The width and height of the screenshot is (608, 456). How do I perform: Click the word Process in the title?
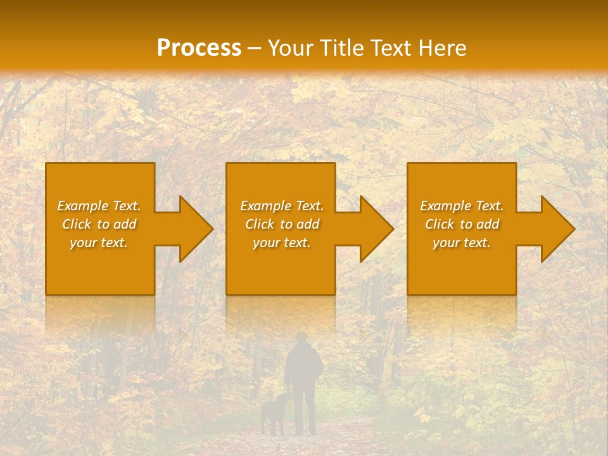[x=199, y=47]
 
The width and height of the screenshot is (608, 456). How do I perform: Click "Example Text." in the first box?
[x=99, y=206]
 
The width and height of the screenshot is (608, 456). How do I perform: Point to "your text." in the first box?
[x=99, y=243]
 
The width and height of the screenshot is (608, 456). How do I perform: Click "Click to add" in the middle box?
[x=282, y=224]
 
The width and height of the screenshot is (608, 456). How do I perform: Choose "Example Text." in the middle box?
[x=282, y=206]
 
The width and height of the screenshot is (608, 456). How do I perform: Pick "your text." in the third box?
[x=461, y=243]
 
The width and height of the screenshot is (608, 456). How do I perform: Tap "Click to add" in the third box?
[x=462, y=224]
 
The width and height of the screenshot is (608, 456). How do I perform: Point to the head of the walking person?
[x=303, y=339]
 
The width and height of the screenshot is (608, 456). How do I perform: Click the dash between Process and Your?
[x=254, y=49]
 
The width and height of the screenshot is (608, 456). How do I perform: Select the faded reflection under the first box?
[x=100, y=313]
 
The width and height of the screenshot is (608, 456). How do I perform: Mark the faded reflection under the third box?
[x=461, y=313]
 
